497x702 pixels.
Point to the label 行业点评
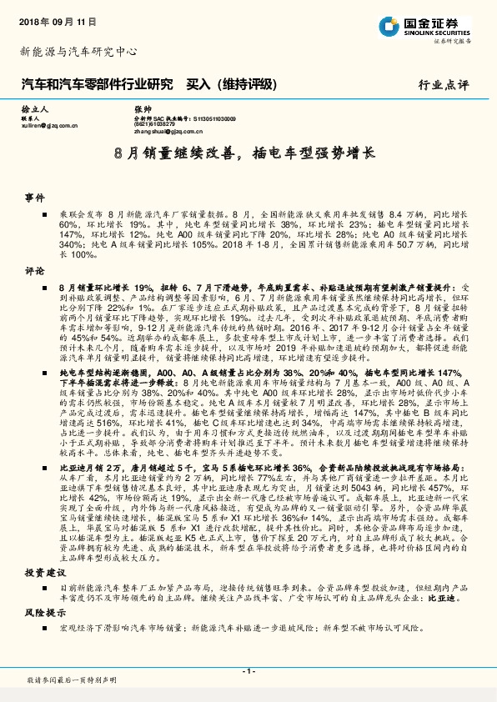[444, 84]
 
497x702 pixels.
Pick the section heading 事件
[34, 198]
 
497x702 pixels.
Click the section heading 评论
[34, 271]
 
